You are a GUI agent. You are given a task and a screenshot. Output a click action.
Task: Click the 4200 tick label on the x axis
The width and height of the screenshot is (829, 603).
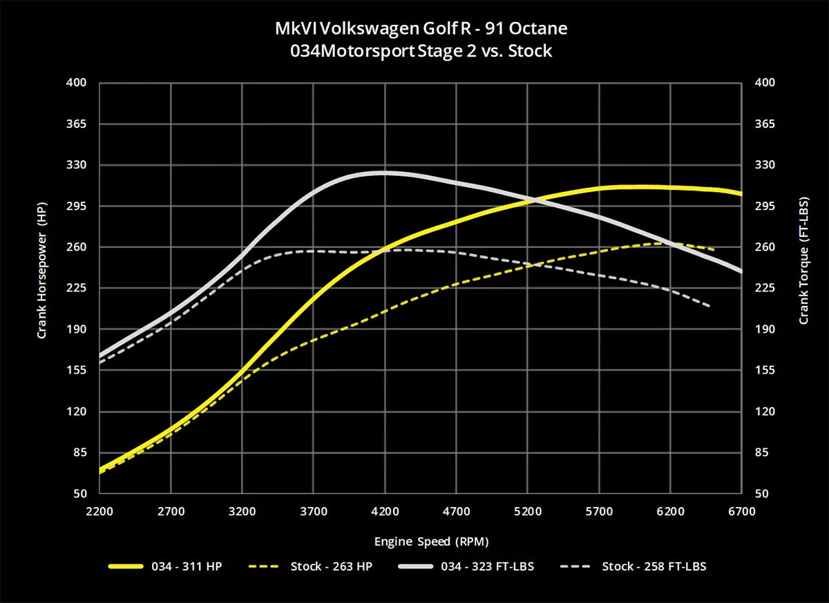385,512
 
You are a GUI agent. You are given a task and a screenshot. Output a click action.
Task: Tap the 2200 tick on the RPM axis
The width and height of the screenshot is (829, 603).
99,512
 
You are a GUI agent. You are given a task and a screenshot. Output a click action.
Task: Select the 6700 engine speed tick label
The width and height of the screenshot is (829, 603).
741,512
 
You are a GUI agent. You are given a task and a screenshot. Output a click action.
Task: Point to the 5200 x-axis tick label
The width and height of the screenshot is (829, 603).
528,512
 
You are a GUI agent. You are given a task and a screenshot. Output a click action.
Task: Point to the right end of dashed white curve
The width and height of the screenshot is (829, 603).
709,306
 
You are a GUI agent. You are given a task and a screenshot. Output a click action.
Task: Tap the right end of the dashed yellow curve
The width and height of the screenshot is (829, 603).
713,249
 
